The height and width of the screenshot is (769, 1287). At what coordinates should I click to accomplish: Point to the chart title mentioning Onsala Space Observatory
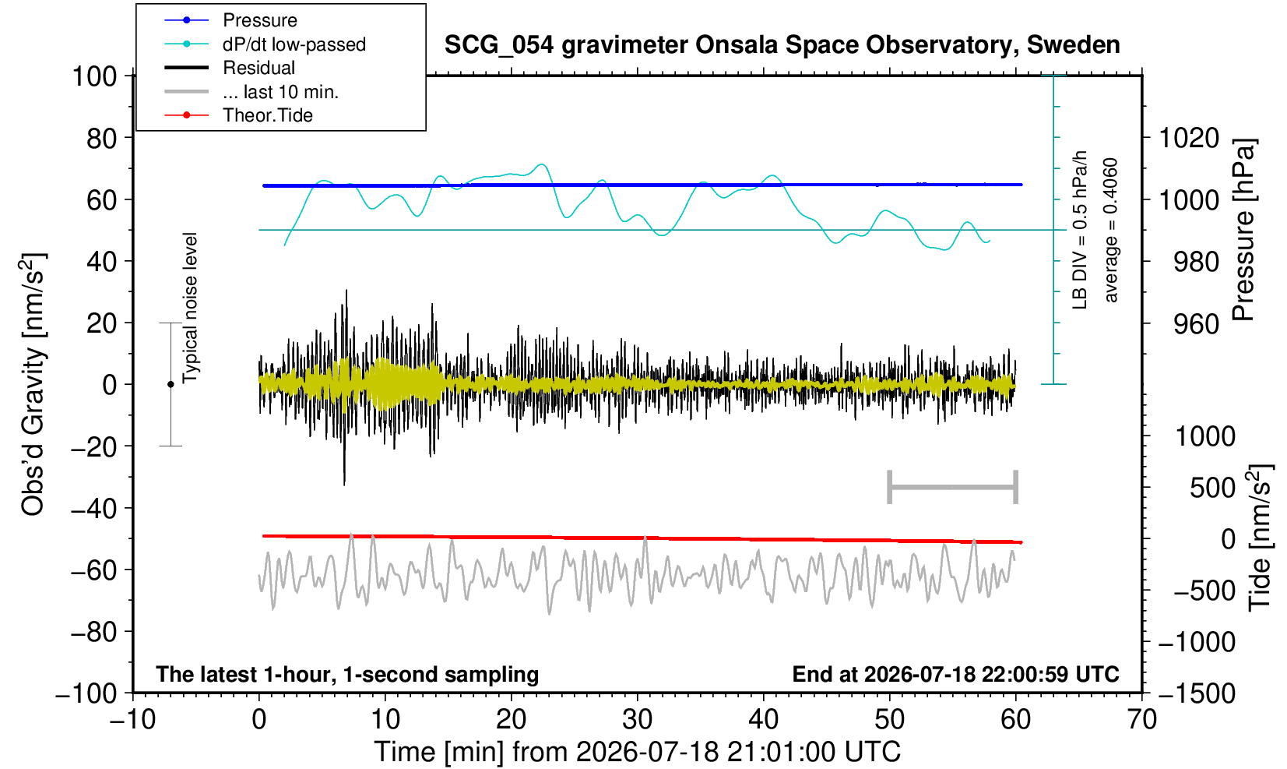[x=782, y=45]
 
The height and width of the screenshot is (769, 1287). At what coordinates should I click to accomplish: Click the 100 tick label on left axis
[x=94, y=76]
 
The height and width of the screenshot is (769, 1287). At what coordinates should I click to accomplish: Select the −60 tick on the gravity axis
[x=93, y=570]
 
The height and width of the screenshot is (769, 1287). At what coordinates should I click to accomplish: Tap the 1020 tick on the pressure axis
[x=1189, y=138]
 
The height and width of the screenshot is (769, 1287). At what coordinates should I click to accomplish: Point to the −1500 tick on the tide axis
[x=1197, y=693]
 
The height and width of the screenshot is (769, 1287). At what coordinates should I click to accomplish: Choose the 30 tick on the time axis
[x=637, y=720]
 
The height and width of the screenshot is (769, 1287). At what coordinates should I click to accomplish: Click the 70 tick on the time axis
[x=1141, y=720]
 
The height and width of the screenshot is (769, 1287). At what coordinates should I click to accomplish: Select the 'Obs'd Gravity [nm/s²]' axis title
[x=33, y=384]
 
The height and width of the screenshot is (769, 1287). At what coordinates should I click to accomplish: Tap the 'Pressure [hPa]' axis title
[x=1244, y=230]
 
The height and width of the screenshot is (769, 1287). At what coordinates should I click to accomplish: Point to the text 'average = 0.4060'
[x=1110, y=230]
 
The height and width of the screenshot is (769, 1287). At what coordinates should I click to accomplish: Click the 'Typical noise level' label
[x=190, y=309]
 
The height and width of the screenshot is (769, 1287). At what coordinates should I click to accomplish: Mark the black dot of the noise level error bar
[x=171, y=384]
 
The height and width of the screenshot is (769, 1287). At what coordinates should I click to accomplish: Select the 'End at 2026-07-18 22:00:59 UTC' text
[x=955, y=674]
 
